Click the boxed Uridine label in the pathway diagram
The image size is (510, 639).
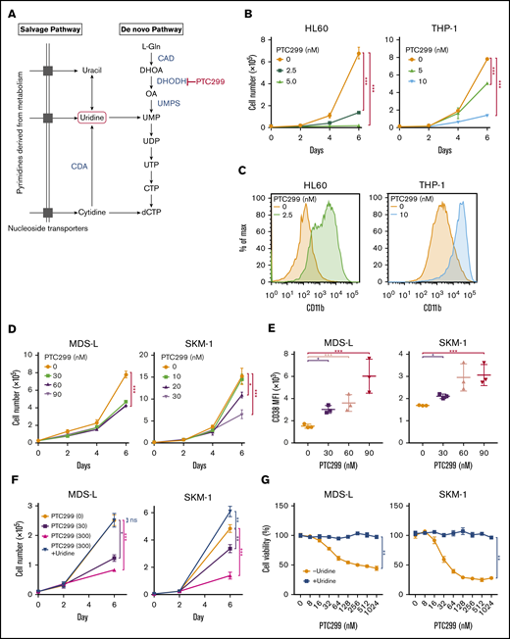pos(96,117)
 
